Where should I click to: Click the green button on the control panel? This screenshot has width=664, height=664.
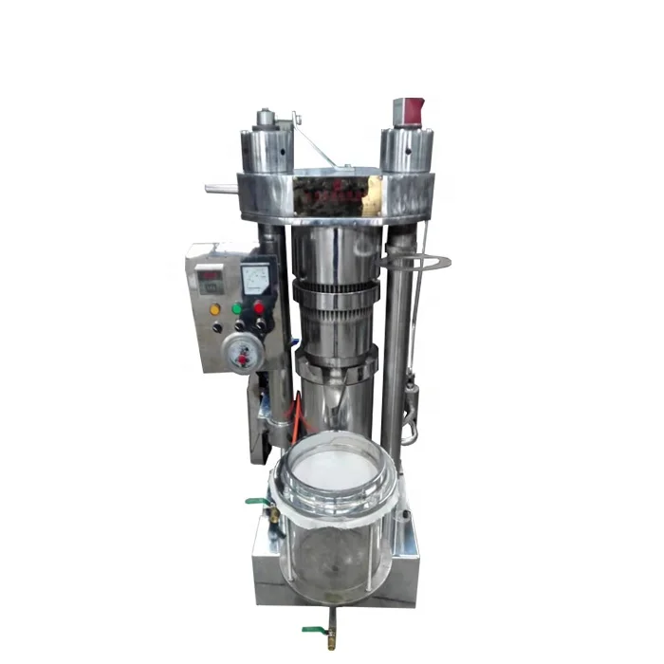click(x=235, y=308)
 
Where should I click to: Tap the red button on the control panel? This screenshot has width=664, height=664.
click(x=258, y=307)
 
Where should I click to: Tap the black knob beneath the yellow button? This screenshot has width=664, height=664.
click(x=217, y=328)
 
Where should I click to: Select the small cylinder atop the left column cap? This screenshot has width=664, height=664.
click(x=265, y=119)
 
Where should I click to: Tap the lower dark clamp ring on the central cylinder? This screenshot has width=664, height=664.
click(x=337, y=362)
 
